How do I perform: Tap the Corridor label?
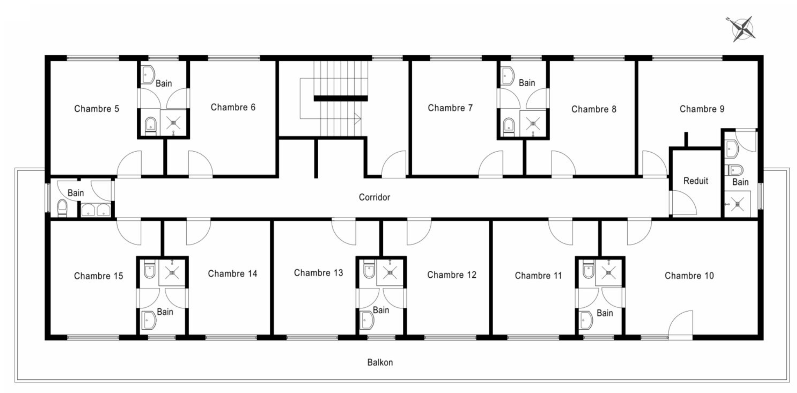click(x=374, y=197)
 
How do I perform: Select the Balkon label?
click(x=380, y=362)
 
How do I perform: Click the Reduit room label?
click(x=696, y=180)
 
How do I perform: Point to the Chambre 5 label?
click(x=97, y=109)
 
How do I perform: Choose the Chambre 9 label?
click(x=702, y=109)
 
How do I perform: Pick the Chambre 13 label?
click(x=318, y=273)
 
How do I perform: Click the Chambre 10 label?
click(x=689, y=276)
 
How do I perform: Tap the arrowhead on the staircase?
click(x=358, y=119)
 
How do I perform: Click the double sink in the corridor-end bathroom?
click(x=96, y=210)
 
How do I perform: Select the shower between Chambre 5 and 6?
click(x=173, y=123)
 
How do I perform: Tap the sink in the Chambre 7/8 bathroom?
click(x=507, y=76)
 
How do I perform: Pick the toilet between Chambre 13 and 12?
click(x=369, y=270)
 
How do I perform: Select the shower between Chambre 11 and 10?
click(x=608, y=272)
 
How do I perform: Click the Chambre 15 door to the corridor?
click(x=129, y=232)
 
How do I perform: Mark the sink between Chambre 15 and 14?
click(x=149, y=320)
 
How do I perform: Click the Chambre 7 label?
click(x=450, y=108)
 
